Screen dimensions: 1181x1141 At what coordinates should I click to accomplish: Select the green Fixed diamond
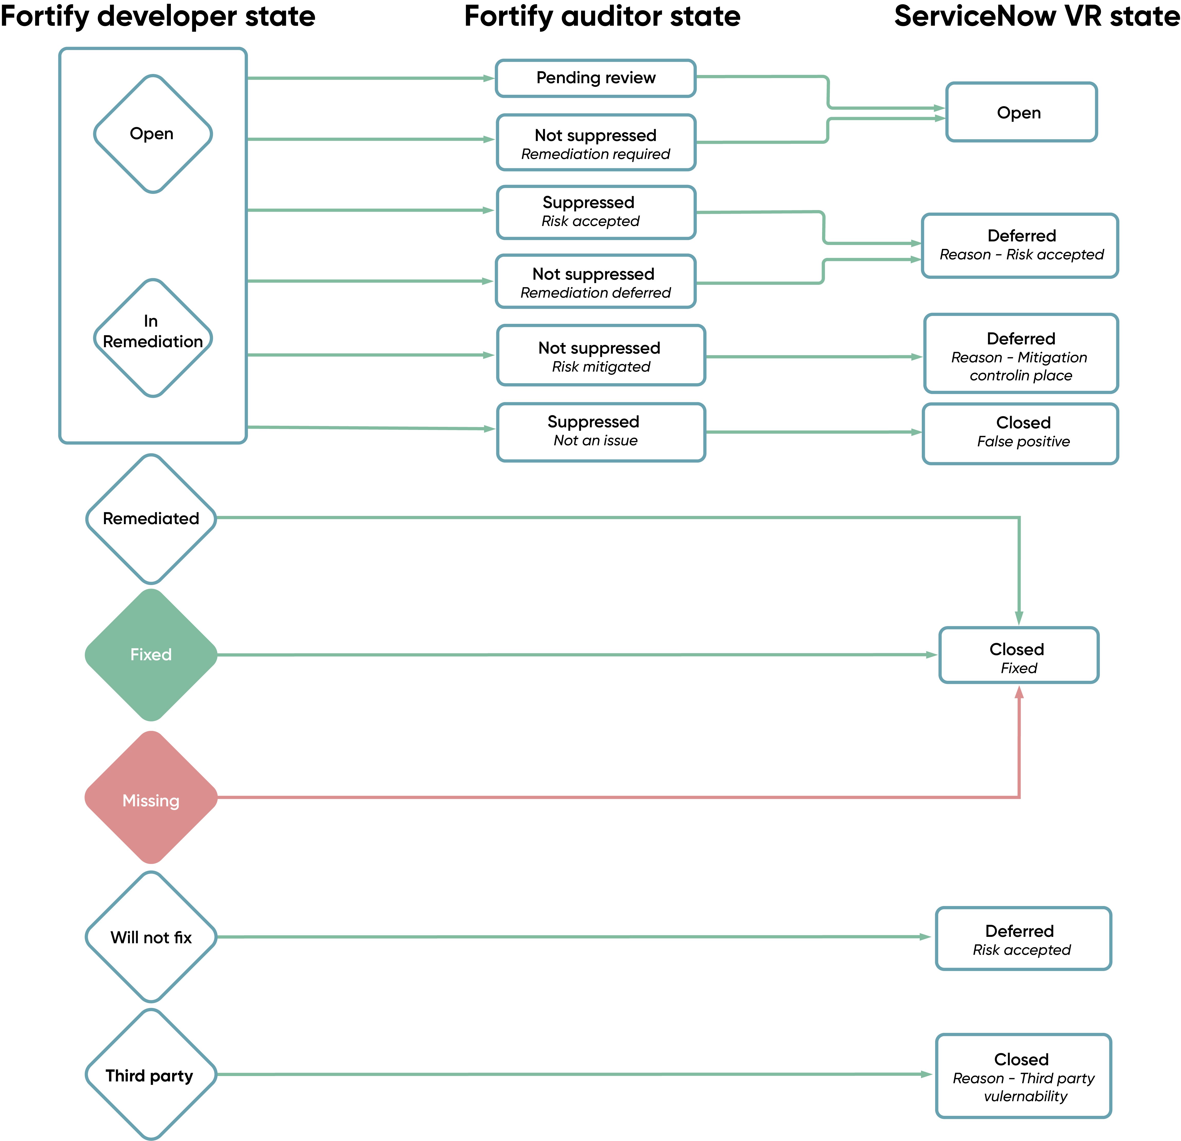click(x=151, y=655)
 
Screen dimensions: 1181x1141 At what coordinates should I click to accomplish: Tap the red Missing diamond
click(x=151, y=798)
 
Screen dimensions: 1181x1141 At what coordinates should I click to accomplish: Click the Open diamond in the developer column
click(x=153, y=134)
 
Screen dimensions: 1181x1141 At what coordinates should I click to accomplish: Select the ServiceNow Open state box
click(x=1021, y=112)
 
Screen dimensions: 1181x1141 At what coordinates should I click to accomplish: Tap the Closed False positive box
click(x=1020, y=434)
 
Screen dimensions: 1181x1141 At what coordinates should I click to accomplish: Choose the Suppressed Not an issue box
click(x=601, y=432)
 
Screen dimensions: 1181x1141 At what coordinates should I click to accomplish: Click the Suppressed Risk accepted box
click(x=596, y=212)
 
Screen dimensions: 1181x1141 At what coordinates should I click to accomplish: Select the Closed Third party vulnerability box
click(x=1023, y=1076)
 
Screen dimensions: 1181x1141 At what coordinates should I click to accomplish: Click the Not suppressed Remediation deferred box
click(x=595, y=281)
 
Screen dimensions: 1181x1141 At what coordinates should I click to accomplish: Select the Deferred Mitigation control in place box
click(x=1021, y=353)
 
